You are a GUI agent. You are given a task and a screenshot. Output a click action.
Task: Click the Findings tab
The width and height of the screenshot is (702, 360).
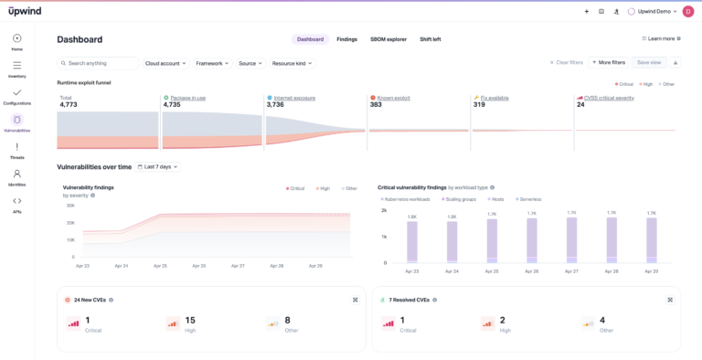[x=346, y=39]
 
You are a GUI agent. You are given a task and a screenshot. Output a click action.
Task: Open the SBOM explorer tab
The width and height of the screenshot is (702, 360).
[x=388, y=39]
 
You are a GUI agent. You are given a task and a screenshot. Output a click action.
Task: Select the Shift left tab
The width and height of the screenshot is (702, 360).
[x=430, y=39]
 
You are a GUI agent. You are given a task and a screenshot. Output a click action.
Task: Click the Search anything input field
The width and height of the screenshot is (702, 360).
[x=97, y=63]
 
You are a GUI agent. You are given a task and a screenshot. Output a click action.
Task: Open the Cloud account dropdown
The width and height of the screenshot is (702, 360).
[x=165, y=63]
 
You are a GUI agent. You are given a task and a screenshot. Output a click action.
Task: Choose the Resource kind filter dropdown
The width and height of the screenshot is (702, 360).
[x=292, y=63]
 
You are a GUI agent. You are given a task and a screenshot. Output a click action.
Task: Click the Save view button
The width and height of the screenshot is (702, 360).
[x=648, y=62]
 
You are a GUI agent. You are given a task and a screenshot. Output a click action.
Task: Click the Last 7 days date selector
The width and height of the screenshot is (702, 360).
[x=158, y=167]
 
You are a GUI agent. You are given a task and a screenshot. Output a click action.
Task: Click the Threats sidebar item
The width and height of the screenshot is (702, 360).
[x=17, y=151]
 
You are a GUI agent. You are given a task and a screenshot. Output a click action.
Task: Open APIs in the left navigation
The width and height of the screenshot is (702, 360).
[x=17, y=205]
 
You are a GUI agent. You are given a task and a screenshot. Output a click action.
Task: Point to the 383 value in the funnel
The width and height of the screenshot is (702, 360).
[x=376, y=105]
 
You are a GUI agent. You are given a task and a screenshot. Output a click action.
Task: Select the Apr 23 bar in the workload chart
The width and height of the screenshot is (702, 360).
[x=411, y=242]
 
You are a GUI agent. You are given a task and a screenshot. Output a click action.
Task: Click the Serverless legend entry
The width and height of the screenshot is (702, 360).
[x=529, y=198]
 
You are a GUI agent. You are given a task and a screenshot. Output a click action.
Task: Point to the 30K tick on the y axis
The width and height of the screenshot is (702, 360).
[x=69, y=206]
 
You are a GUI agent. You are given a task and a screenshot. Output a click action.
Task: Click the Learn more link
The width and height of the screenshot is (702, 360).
[x=661, y=38]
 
